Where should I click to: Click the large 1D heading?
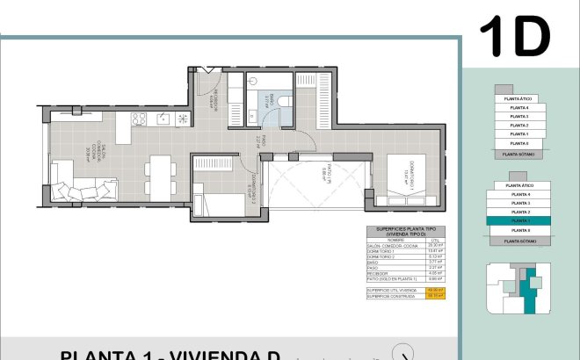click(x=514, y=36)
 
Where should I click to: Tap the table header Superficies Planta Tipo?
click(x=406, y=231)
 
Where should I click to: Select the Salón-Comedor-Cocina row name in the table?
click(x=390, y=246)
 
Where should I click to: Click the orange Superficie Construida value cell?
click(x=434, y=295)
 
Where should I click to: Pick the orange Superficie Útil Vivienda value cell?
click(x=434, y=289)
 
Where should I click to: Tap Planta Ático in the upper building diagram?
click(x=518, y=99)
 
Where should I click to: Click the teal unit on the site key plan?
click(x=528, y=290)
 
